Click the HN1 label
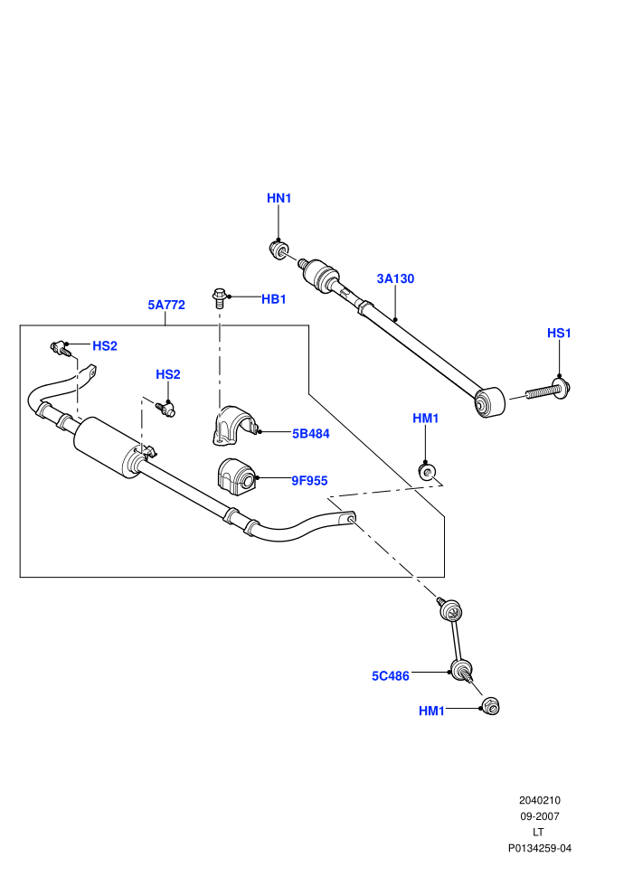coord(279,198)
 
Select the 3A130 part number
coord(395,278)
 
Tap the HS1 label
coord(560,333)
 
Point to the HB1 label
coord(274,299)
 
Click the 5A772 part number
coord(166,305)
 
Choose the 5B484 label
coord(311,434)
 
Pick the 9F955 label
coord(310,481)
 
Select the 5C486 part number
coord(391,676)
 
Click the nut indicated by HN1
coord(279,250)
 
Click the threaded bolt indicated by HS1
coord(548,391)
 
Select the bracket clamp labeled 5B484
coord(234,425)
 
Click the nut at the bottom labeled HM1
coord(490,706)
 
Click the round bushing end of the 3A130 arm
coord(489,402)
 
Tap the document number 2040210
coord(539,800)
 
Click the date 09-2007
coord(539,816)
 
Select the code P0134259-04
coord(539,848)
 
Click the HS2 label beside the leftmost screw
coord(105,346)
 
